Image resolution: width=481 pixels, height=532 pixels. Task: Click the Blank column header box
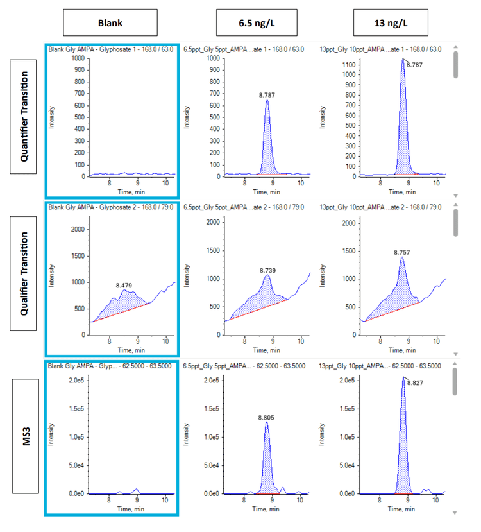pyautogui.click(x=110, y=23)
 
